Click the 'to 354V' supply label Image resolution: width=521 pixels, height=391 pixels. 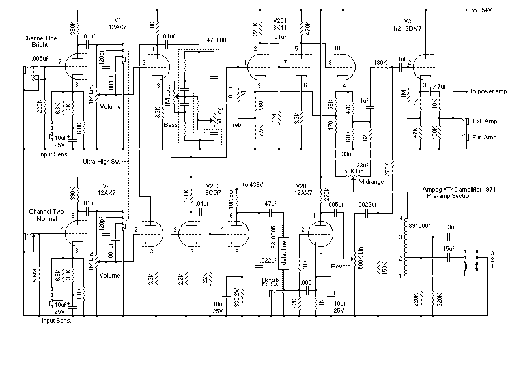pyautogui.click(x=481, y=10)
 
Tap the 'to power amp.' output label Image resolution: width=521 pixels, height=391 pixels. pyautogui.click(x=489, y=91)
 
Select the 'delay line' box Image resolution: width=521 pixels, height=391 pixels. pyautogui.click(x=284, y=253)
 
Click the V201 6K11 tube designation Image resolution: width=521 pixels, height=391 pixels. pyautogui.click(x=280, y=24)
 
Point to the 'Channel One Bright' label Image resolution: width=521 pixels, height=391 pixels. pyautogui.click(x=40, y=42)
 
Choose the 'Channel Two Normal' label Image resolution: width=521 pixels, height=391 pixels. pyautogui.click(x=46, y=215)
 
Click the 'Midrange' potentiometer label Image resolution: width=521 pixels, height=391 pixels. pyautogui.click(x=371, y=182)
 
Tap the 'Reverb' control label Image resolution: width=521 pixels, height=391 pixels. pyautogui.click(x=341, y=267)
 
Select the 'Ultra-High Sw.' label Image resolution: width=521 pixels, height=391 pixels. pyautogui.click(x=102, y=162)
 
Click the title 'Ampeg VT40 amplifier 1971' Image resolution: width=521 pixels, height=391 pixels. pyautogui.click(x=459, y=190)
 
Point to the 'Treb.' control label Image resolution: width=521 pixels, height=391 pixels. pyautogui.click(x=236, y=125)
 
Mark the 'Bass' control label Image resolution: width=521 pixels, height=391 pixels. pyautogui.click(x=171, y=125)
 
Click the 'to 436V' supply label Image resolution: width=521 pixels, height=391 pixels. pyautogui.click(x=253, y=185)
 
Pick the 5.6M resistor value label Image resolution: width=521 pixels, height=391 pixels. pyautogui.click(x=35, y=275)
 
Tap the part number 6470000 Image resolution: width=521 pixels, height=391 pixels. pyautogui.click(x=215, y=40)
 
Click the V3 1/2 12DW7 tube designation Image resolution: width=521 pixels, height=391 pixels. pyautogui.click(x=408, y=25)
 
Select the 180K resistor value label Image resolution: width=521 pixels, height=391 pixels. pyautogui.click(x=380, y=62)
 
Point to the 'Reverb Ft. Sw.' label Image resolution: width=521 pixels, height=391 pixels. pyautogui.click(x=270, y=282)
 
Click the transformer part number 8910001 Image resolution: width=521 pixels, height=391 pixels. pyautogui.click(x=419, y=226)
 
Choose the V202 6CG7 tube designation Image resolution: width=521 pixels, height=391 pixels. pyautogui.click(x=213, y=190)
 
